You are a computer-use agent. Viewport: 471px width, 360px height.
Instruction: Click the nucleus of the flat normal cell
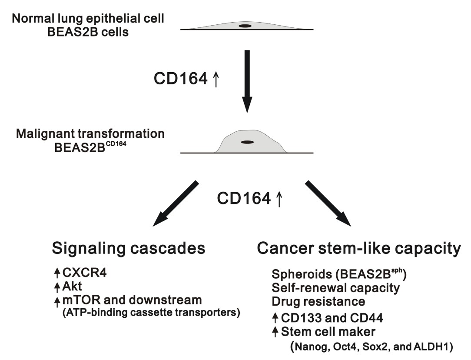coord(245,26)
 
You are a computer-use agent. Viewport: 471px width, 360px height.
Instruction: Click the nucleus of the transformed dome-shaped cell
coord(248,142)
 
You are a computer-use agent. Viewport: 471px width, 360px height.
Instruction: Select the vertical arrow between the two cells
coord(247,80)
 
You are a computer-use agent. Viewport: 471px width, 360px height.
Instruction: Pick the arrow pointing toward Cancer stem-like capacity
coord(328,203)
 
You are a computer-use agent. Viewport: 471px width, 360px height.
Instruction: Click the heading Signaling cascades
coord(128,248)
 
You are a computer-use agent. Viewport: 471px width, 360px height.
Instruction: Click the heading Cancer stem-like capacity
coord(358,248)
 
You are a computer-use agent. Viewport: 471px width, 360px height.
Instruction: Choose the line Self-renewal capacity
coord(335,288)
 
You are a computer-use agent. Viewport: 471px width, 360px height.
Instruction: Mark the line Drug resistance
coord(318,301)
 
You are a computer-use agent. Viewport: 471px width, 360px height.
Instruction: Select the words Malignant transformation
coord(90,133)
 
